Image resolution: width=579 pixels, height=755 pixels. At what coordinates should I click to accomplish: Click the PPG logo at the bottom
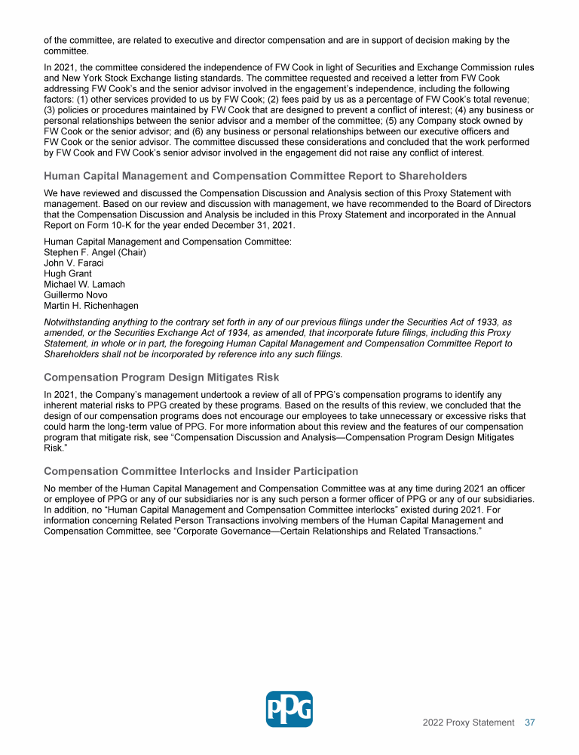pos(289,709)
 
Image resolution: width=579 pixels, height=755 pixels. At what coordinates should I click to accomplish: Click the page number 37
pos(530,723)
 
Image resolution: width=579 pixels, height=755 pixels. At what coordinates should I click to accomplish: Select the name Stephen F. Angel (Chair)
pos(95,252)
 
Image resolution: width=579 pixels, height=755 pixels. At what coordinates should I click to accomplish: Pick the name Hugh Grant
pos(68,273)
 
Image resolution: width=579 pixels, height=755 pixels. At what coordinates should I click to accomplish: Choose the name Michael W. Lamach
pos(84,284)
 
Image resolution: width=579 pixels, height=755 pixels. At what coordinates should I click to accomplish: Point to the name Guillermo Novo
pos(75,294)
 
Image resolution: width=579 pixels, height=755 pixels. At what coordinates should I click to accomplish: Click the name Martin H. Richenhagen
pos(91,305)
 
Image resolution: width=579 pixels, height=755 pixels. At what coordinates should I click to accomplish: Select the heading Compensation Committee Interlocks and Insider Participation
pos(201,471)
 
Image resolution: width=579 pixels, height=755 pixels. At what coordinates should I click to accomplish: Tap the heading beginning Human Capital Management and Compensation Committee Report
pos(256,176)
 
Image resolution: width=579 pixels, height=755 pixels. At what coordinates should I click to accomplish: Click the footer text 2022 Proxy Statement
pos(468,723)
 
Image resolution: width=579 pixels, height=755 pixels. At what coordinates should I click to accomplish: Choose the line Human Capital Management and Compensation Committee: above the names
pos(168,242)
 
